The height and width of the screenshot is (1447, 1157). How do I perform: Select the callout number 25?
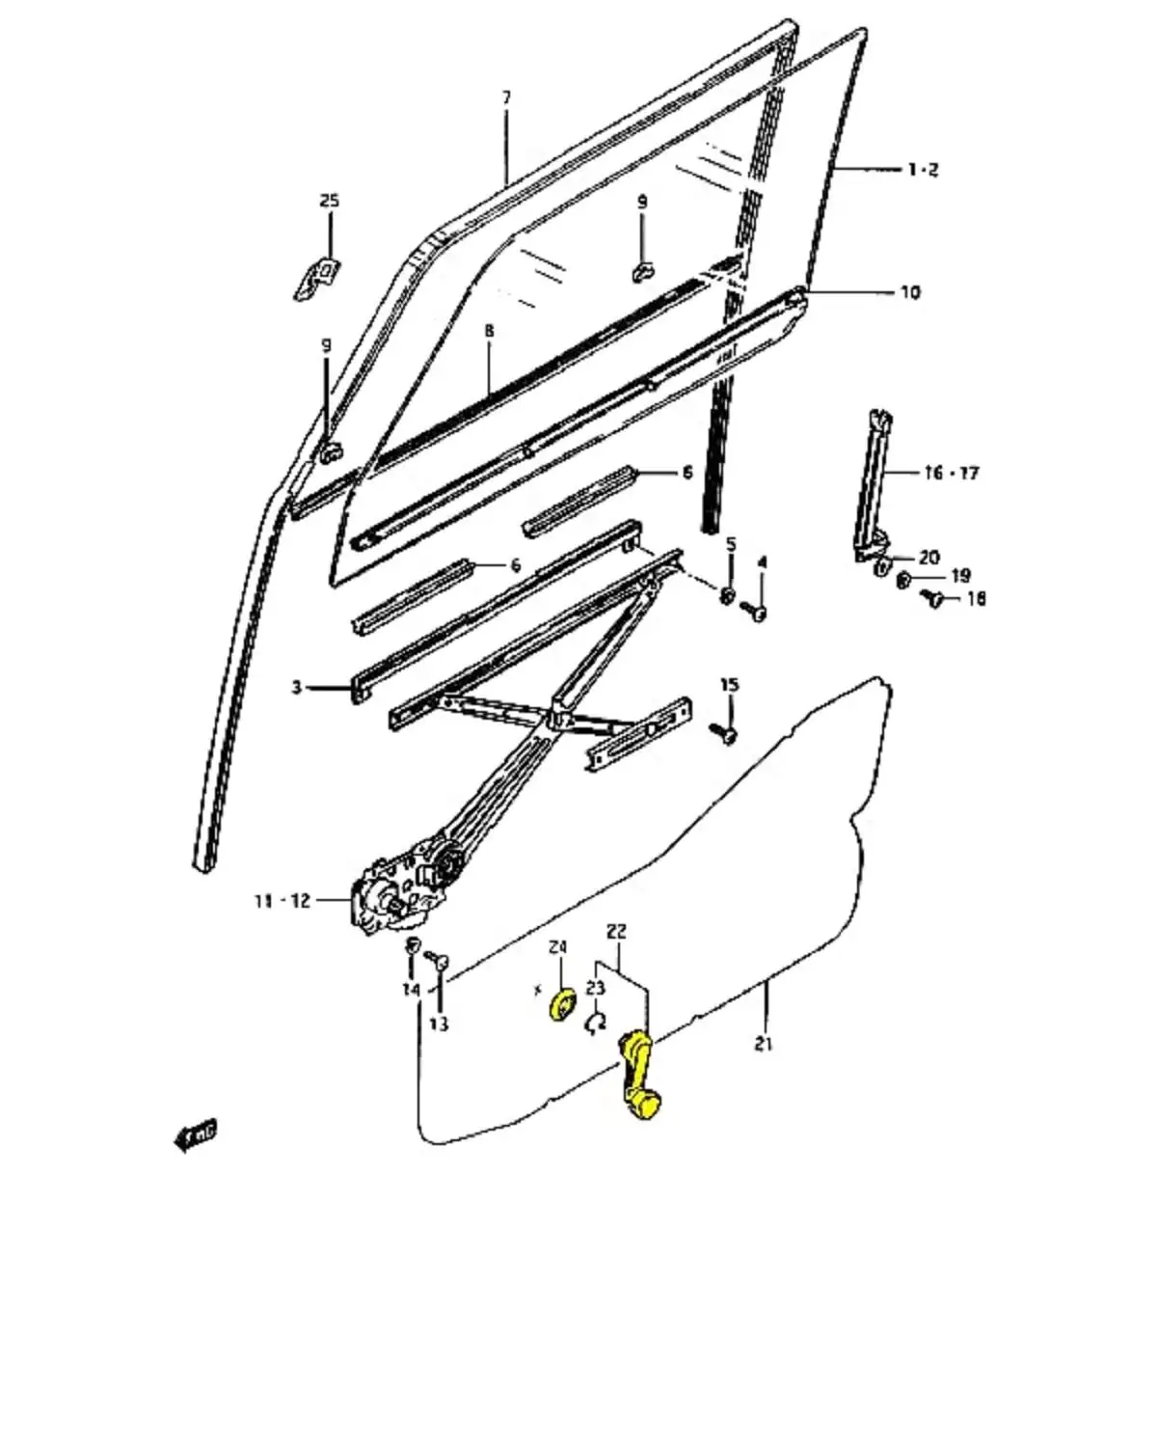click(330, 201)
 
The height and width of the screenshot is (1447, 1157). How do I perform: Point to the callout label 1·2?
click(922, 170)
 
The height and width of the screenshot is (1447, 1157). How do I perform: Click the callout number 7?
click(507, 97)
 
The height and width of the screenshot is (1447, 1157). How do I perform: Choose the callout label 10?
click(909, 291)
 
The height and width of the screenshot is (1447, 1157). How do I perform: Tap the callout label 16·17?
click(951, 473)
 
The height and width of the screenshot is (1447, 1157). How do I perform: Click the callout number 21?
click(764, 1044)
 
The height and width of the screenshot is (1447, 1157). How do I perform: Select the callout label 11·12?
click(283, 900)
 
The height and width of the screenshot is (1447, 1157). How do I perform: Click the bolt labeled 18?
click(933, 599)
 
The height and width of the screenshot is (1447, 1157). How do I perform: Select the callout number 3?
click(297, 688)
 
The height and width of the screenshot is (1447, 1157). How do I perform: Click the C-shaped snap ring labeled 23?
click(596, 1023)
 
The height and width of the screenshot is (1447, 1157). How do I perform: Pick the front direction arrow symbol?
click(196, 1134)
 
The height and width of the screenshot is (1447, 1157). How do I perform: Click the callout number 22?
click(617, 932)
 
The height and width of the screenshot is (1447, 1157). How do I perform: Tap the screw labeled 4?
click(757, 612)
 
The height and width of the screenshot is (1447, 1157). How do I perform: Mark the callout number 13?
click(439, 1024)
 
